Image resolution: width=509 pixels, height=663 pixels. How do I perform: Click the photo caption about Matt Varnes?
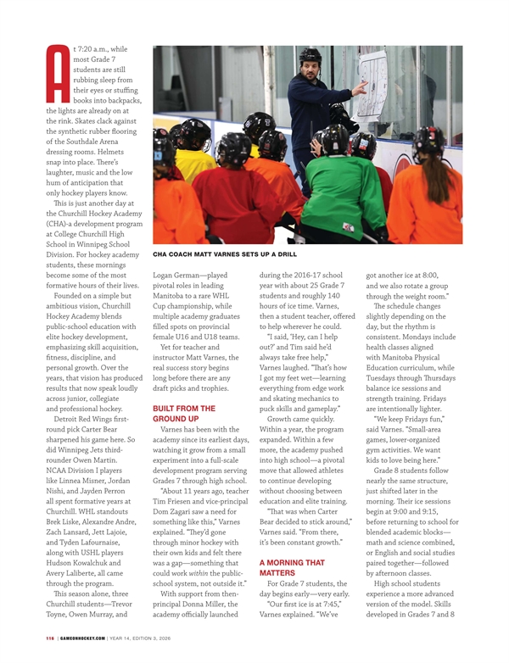[224, 253]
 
